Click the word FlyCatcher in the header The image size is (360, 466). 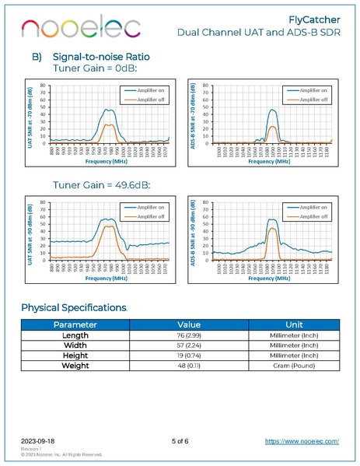coord(316,19)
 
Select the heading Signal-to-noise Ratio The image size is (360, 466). coord(100,57)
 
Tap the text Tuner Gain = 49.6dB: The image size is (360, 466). coord(100,185)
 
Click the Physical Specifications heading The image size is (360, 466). coord(74,307)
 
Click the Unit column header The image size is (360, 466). coord(293,325)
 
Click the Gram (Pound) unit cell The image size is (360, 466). coord(293,366)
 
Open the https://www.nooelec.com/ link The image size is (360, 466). coord(302,441)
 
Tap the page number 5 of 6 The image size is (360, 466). coord(180,441)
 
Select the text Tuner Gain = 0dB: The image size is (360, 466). coord(93,68)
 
